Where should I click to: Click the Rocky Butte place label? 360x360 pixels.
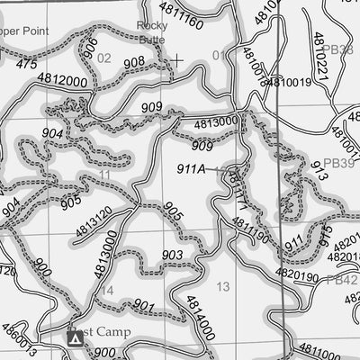[x=152, y=33]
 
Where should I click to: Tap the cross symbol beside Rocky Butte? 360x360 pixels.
[x=177, y=60]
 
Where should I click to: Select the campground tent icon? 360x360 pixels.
[x=76, y=338]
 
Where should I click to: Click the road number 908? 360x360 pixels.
[x=133, y=61]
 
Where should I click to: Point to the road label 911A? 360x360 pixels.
[x=191, y=167]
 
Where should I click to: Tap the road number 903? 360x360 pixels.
[x=173, y=256]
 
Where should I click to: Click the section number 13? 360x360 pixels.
[x=223, y=286]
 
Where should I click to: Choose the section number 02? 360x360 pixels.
[x=104, y=58]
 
